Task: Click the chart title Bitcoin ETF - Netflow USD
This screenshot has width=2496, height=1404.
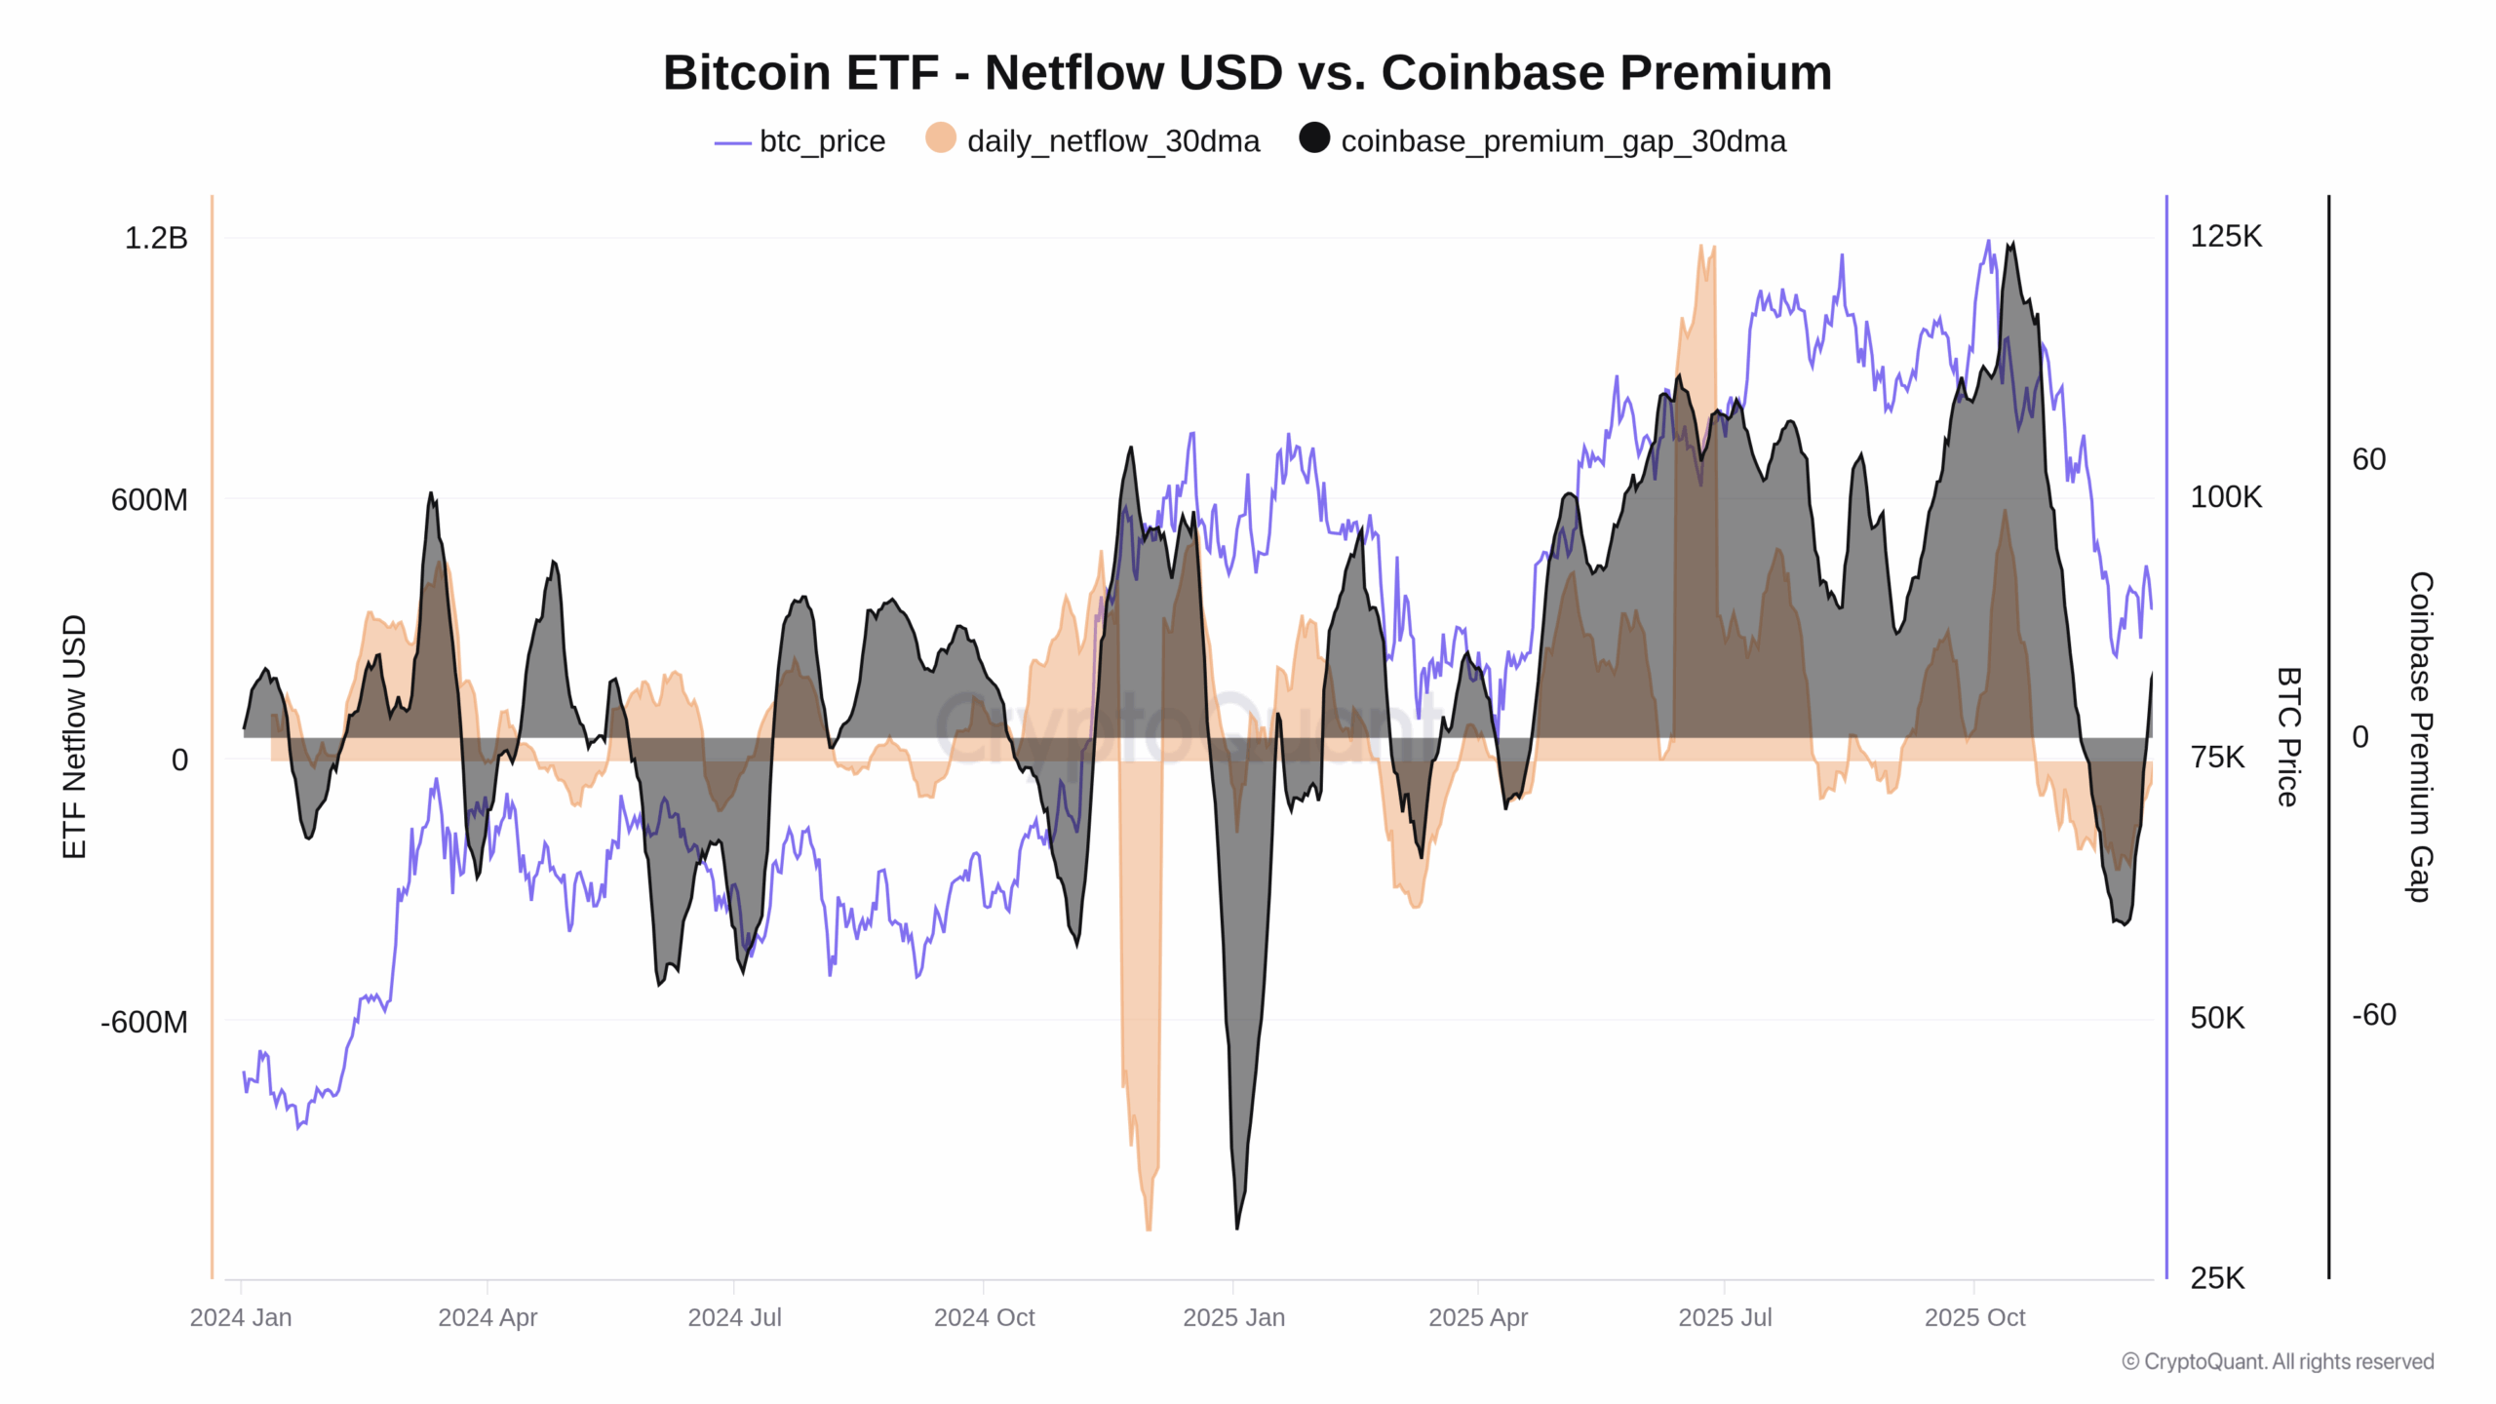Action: (1247, 73)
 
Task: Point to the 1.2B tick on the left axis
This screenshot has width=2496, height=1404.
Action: (156, 238)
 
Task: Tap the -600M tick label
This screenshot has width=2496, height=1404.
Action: (144, 1022)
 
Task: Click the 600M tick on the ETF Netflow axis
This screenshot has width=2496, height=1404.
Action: (149, 499)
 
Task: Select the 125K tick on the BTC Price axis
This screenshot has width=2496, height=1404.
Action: (2226, 236)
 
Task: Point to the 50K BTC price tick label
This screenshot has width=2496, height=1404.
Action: (2217, 1018)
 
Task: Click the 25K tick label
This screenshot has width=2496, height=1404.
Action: (2217, 1278)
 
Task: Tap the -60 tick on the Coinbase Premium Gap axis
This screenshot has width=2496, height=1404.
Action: (2374, 1015)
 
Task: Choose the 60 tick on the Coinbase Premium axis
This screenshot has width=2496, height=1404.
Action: (2369, 459)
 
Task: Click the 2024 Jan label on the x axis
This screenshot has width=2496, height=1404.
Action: (241, 1317)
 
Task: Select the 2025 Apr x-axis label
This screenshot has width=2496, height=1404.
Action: (1478, 1317)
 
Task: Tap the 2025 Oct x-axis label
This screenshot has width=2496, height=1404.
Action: (1974, 1317)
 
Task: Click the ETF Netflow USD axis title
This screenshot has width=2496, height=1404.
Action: (74, 736)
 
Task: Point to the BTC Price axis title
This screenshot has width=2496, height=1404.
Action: (2288, 736)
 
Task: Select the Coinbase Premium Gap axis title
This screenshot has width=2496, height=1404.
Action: (2420, 736)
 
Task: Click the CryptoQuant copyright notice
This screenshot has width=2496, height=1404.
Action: (2278, 1361)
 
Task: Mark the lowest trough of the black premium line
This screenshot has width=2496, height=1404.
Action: (1237, 1228)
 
